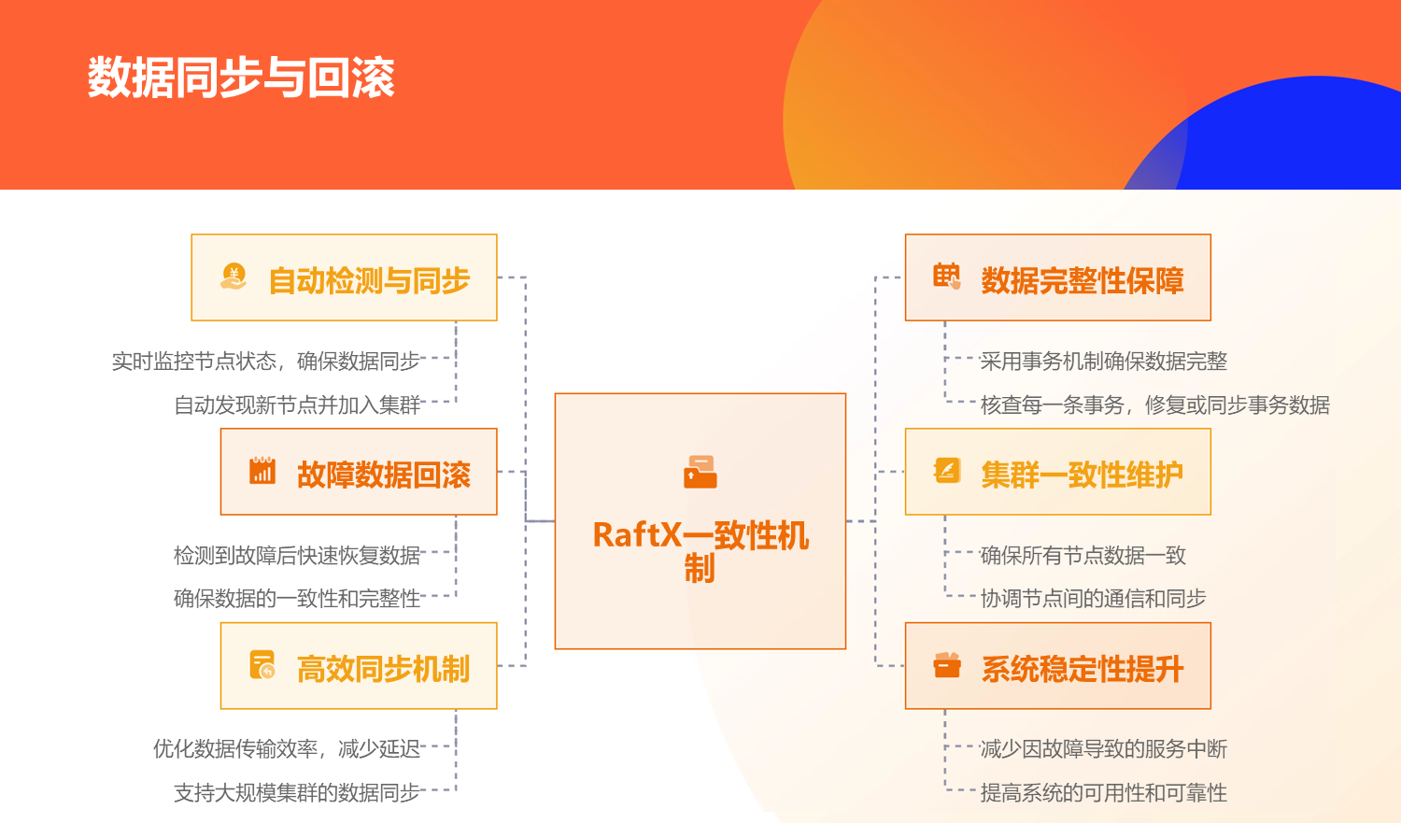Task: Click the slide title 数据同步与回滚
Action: point(241,78)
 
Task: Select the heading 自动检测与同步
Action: point(369,280)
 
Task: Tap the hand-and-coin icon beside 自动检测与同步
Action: point(233,277)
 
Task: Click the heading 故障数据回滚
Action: point(383,475)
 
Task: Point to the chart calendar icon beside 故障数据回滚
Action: point(262,470)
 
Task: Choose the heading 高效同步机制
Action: point(383,669)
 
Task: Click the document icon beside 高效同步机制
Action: point(262,665)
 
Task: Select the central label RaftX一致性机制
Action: point(700,551)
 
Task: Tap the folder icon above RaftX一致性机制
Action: point(700,472)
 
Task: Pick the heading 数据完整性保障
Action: point(1082,280)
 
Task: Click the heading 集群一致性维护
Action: point(1082,475)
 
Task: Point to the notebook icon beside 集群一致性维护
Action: point(947,470)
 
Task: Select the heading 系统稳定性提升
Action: point(1082,669)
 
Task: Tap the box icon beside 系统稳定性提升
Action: point(947,665)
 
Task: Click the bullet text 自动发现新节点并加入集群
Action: point(297,405)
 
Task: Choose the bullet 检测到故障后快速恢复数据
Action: point(297,555)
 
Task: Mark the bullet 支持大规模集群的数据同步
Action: point(297,793)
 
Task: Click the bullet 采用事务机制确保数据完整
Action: point(1103,361)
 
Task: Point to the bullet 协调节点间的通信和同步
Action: point(1093,599)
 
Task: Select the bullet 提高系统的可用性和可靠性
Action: point(1103,793)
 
